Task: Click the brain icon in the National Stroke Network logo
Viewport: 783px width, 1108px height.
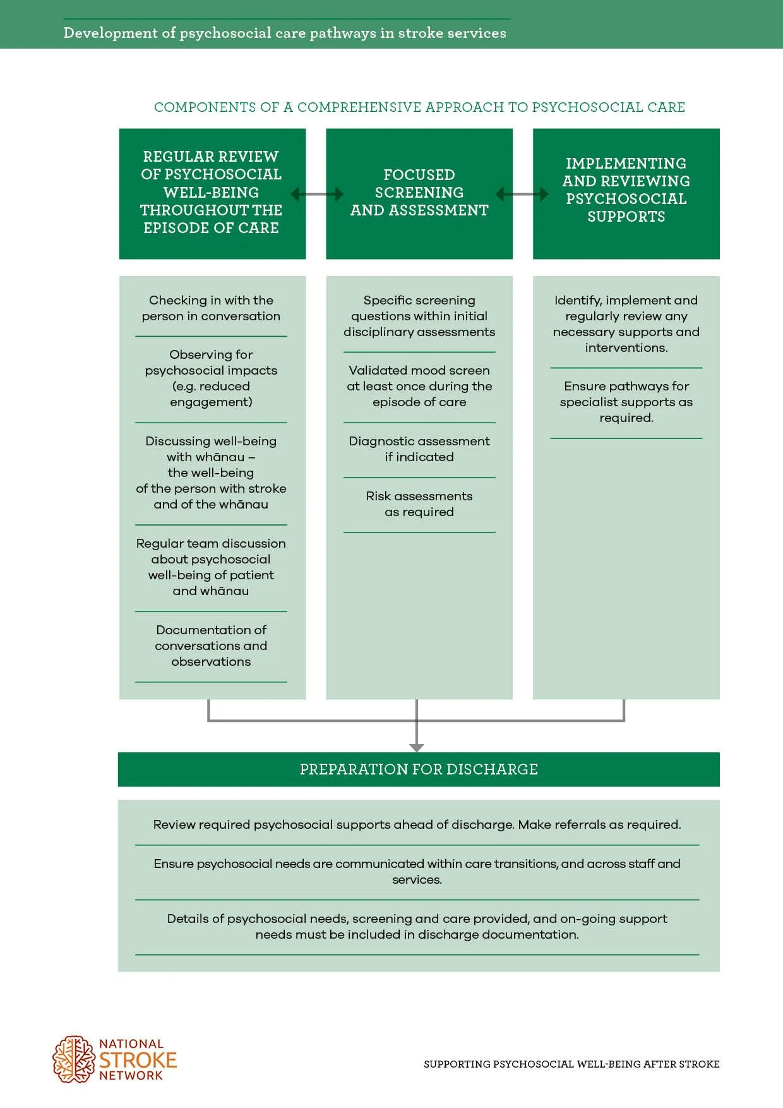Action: point(74,1059)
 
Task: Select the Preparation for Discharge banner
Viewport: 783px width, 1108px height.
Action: point(419,769)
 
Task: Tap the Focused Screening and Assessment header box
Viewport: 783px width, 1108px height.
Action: point(419,193)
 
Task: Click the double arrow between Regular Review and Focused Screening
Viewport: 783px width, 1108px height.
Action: point(316,194)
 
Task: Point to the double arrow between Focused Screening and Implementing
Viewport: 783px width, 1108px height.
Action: point(522,194)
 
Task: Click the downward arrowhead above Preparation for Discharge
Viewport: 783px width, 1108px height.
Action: point(417,747)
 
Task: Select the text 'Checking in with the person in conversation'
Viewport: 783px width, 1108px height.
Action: point(211,308)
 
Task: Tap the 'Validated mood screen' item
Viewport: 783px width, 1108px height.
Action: point(419,386)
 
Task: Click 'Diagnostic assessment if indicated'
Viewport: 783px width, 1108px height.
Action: point(419,449)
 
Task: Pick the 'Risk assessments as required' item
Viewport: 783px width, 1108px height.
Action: point(419,504)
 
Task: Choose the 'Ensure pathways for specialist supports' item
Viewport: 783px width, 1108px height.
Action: point(626,402)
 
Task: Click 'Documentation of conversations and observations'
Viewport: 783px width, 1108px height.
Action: point(211,646)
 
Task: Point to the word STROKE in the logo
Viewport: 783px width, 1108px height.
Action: point(138,1060)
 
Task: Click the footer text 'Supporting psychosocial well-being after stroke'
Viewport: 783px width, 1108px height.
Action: point(571,1064)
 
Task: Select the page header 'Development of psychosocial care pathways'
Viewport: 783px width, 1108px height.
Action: point(285,33)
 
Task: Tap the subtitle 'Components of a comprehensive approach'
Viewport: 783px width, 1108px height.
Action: point(419,107)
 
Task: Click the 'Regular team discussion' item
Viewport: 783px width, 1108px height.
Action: point(211,567)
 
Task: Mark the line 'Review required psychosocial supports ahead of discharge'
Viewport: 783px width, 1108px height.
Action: point(417,824)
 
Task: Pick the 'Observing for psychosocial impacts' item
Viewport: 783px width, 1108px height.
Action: point(211,378)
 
